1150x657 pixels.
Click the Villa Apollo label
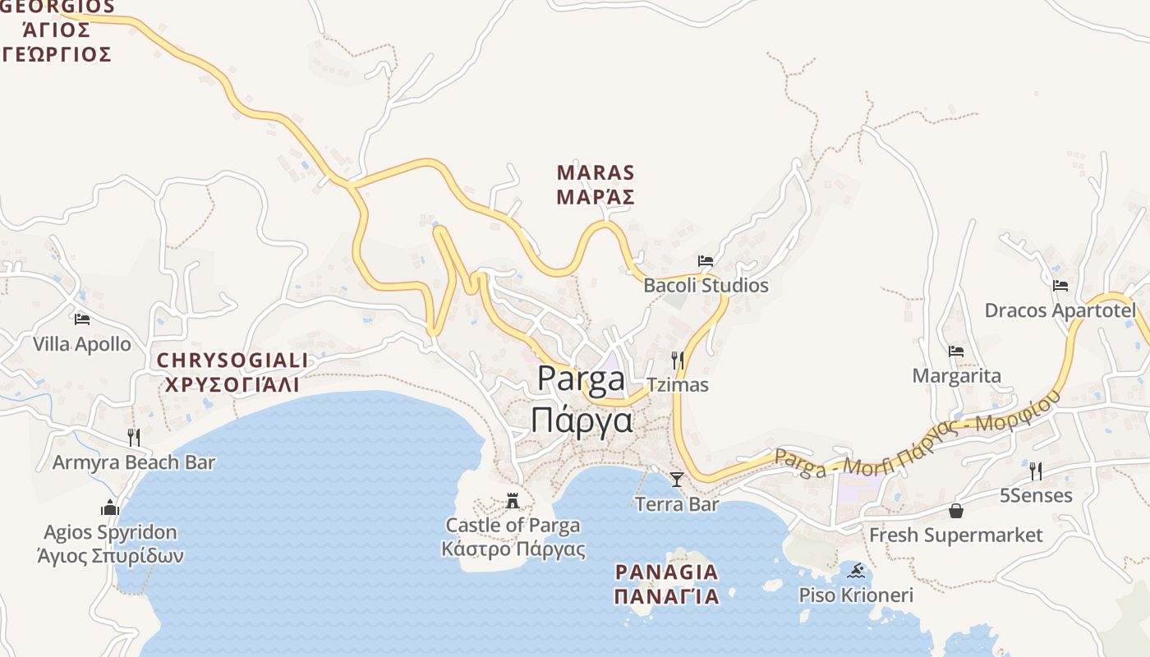click(x=82, y=344)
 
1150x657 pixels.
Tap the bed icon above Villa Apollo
click(x=82, y=319)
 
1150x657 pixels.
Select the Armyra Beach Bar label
click(x=134, y=462)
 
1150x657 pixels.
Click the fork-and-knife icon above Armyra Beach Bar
click(x=134, y=437)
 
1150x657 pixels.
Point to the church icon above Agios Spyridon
click(x=110, y=508)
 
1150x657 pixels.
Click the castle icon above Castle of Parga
click(x=513, y=500)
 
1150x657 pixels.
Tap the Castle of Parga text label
click(x=513, y=526)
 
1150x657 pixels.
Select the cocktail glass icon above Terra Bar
click(x=676, y=479)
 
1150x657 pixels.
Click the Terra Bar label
click(x=677, y=504)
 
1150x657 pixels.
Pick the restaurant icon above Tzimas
click(x=678, y=360)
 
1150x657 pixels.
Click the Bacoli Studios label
click(x=706, y=286)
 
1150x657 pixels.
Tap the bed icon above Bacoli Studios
click(x=706, y=261)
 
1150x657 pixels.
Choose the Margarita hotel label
click(x=956, y=376)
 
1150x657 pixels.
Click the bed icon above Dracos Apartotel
click(x=1060, y=286)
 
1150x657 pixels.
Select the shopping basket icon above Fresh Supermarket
click(x=956, y=511)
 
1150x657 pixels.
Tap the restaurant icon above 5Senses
click(x=1036, y=471)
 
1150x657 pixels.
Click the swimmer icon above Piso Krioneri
click(x=856, y=570)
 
